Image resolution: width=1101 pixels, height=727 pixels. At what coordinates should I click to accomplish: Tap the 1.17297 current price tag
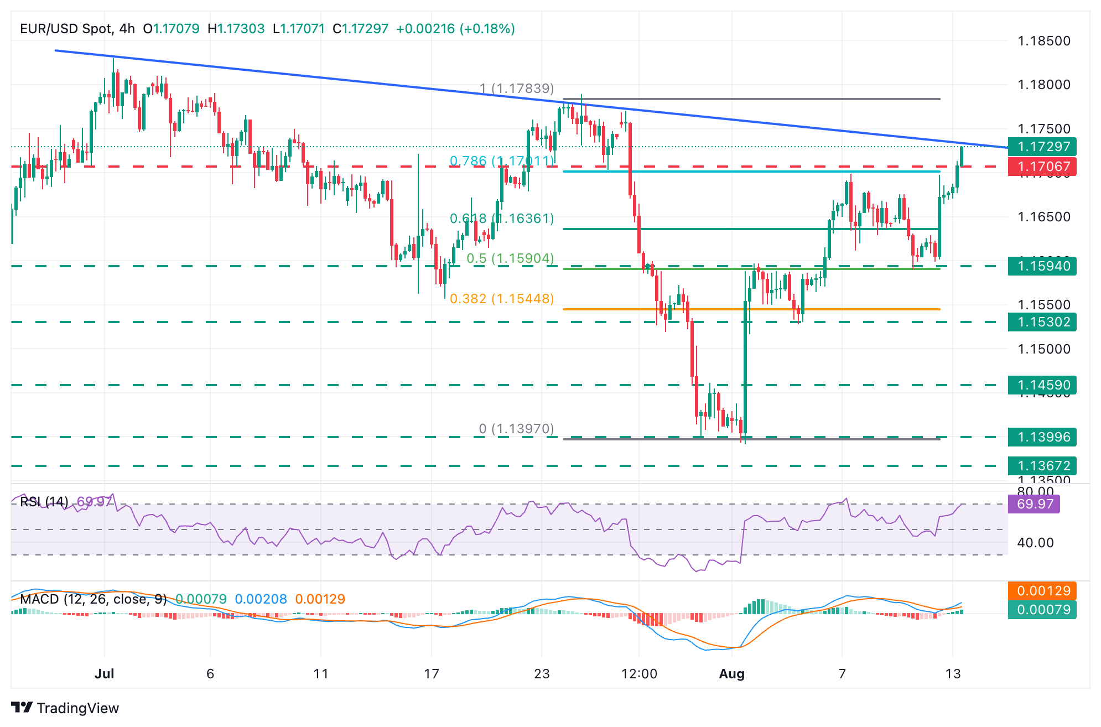1042,147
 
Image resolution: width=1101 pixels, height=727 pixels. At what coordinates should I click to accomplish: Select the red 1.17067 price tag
1042,167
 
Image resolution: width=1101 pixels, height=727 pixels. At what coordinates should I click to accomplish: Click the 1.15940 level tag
1042,266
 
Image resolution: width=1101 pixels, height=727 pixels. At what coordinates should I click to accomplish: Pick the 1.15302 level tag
1042,322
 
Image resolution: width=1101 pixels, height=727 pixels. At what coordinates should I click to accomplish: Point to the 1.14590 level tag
1042,385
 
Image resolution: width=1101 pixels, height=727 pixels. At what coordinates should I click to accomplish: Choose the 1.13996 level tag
1042,437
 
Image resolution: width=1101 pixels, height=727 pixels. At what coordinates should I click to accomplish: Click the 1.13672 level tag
1042,466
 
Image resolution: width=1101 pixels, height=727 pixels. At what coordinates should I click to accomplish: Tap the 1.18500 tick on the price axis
1044,41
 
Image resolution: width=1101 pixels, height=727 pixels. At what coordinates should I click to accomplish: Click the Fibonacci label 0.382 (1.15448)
502,299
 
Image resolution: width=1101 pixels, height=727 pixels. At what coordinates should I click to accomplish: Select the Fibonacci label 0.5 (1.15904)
510,258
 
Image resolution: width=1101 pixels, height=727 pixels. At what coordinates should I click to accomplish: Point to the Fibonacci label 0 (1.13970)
516,429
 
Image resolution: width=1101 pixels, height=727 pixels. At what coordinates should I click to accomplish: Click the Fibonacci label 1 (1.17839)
517,89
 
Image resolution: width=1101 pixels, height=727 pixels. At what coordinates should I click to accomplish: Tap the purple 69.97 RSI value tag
1034,504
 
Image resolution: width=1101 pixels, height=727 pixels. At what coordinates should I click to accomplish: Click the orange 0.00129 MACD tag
1042,591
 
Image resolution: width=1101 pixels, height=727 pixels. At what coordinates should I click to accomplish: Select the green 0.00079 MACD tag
1042,610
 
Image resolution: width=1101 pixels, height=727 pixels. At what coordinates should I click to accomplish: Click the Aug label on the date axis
731,674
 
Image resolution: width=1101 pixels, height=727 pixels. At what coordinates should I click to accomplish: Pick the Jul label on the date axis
105,674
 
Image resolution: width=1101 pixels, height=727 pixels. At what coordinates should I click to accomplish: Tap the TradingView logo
65,708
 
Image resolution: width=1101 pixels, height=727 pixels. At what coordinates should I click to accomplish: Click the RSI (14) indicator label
44,502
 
